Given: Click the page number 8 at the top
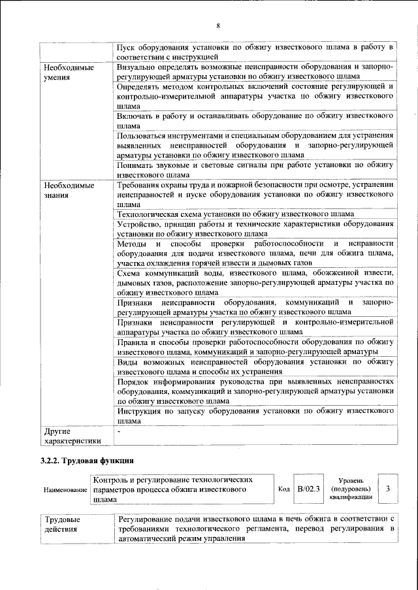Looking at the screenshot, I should pyautogui.click(x=218, y=25).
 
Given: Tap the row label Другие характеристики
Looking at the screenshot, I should pyautogui.click(x=72, y=436).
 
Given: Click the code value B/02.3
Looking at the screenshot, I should pyautogui.click(x=308, y=489).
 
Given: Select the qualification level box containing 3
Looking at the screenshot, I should pyautogui.click(x=388, y=489).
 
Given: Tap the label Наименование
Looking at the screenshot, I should pyautogui.click(x=65, y=489).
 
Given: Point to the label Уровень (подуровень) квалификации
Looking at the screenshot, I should pyautogui.click(x=351, y=489).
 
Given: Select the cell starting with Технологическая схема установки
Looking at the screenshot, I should pyautogui.click(x=236, y=214).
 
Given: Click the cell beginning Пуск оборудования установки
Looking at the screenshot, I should pyautogui.click(x=254, y=53).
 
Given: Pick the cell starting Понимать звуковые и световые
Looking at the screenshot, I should pyautogui.click(x=254, y=171).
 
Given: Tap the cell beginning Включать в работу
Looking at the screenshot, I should pyautogui.click(x=254, y=120).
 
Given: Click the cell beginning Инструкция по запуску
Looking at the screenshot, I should pyautogui.click(x=254, y=416).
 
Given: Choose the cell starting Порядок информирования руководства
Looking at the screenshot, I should pyautogui.click(x=254, y=391).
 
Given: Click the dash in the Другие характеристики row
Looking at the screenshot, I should pyautogui.click(x=119, y=432).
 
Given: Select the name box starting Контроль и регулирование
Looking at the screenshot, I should pyautogui.click(x=182, y=489).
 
